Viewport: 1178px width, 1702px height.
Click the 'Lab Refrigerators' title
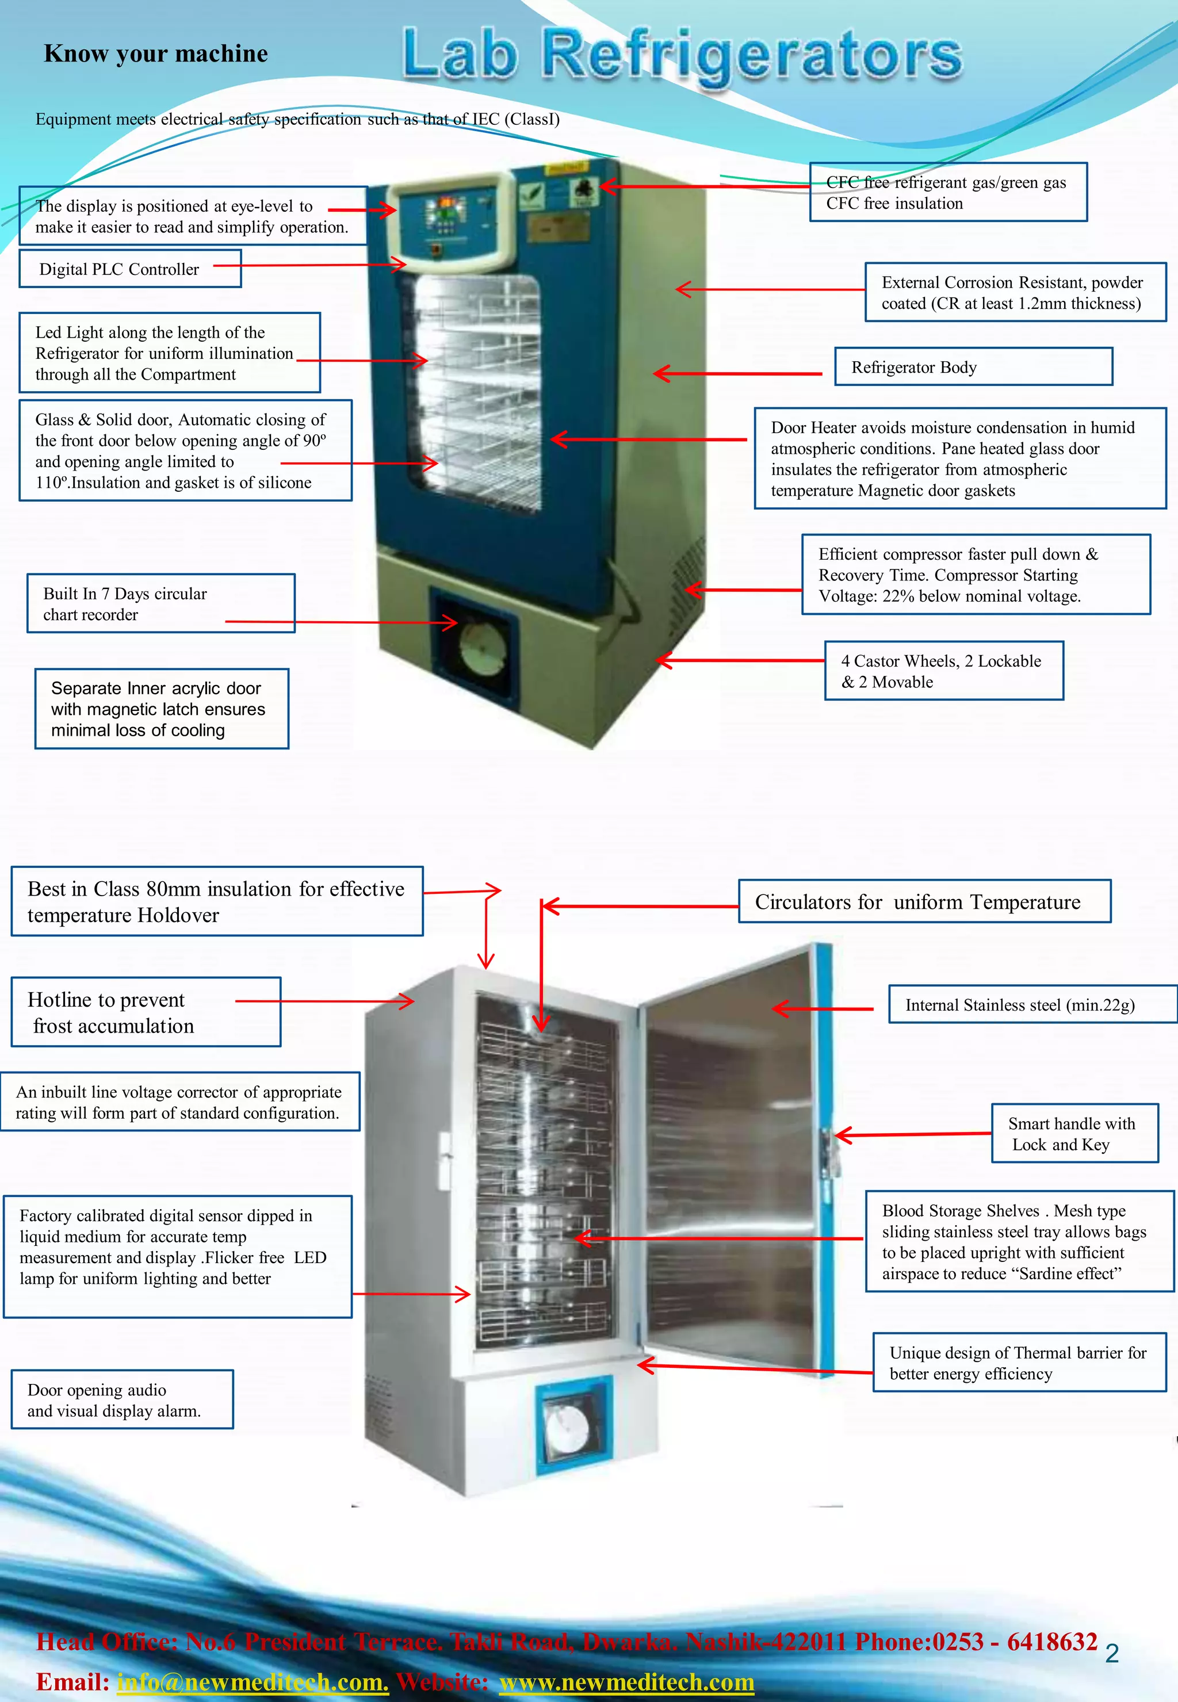tap(682, 55)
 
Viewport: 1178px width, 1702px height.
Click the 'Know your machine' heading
tap(156, 54)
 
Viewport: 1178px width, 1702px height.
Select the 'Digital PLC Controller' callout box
tap(130, 269)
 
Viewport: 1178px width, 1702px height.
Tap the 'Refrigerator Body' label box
tap(973, 367)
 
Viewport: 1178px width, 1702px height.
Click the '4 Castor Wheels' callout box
tap(943, 670)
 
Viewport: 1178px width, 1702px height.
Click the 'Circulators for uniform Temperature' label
tap(924, 901)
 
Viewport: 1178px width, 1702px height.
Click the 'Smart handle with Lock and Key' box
tap(1074, 1133)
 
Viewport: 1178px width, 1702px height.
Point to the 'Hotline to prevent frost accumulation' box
tap(146, 1012)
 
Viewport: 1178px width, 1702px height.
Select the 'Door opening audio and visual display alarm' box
tap(122, 1400)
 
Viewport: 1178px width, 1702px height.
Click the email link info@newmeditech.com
tap(253, 1682)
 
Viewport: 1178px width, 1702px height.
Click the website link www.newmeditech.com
tap(626, 1682)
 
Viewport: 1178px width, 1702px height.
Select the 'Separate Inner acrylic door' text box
tap(162, 709)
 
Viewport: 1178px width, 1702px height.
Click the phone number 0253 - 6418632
tap(1015, 1642)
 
